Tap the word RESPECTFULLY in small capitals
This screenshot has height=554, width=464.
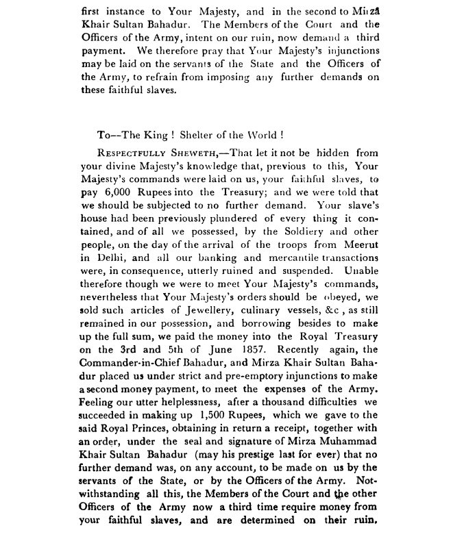pyautogui.click(x=138, y=154)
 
